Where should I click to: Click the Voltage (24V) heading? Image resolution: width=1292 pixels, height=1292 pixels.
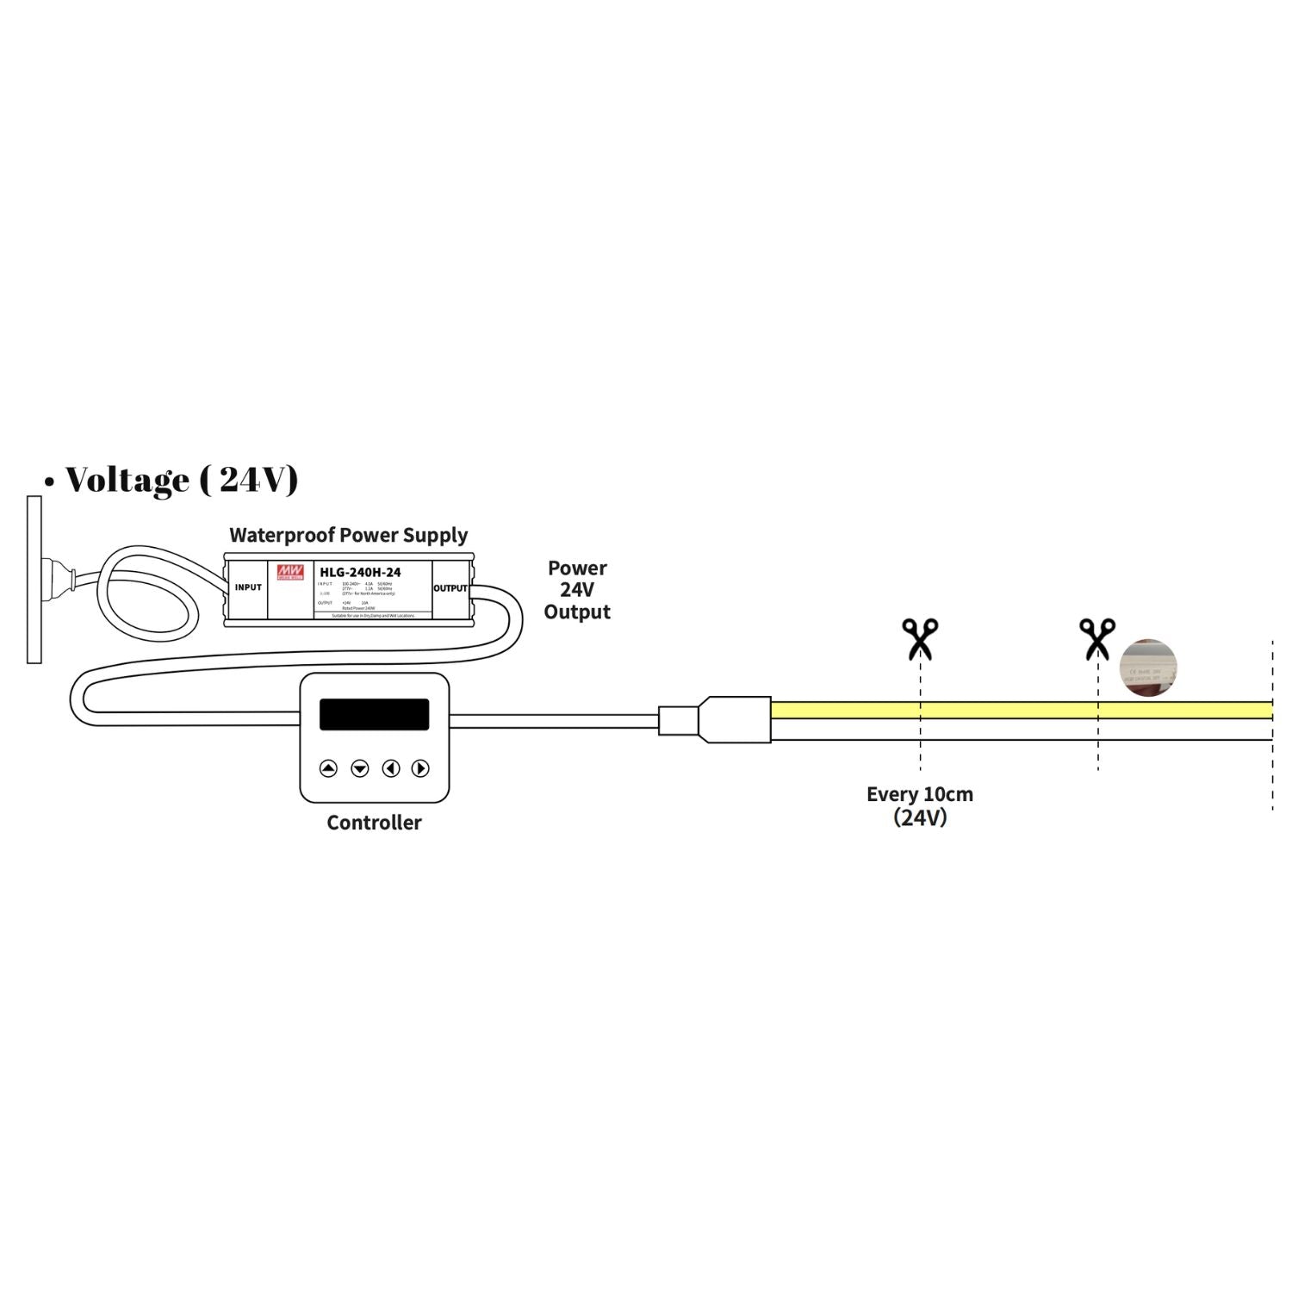point(183,480)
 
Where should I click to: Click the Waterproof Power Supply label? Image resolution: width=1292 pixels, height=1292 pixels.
point(348,535)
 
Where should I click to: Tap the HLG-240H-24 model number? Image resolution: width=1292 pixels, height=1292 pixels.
point(360,572)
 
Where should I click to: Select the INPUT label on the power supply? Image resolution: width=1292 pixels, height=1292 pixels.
point(248,587)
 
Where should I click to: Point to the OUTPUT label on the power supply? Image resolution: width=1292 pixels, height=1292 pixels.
point(450,588)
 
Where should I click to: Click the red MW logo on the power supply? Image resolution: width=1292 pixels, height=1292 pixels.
point(290,572)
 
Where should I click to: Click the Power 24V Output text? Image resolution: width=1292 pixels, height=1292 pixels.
point(577,590)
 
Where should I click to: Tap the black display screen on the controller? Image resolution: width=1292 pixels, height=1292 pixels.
point(374,714)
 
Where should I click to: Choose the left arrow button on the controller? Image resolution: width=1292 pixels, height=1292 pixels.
point(390,768)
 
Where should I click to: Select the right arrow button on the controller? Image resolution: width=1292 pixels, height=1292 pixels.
point(420,768)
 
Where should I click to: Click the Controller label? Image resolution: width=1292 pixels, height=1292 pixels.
point(374,823)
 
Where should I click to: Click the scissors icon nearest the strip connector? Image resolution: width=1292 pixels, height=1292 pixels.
point(920,638)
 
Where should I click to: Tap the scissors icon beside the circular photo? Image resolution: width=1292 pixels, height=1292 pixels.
point(1096,638)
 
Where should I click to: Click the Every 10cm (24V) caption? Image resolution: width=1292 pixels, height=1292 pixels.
point(920,805)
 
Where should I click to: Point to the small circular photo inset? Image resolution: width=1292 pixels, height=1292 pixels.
point(1148,668)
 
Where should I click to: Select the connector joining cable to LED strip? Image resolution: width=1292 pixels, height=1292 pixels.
point(715,719)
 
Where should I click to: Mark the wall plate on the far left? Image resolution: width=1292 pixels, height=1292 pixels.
point(34,580)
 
